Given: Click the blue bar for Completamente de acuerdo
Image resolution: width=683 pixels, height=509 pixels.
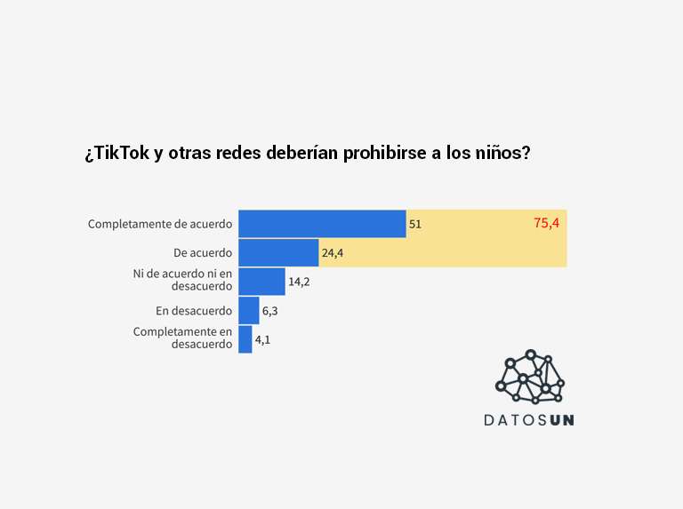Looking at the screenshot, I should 322,224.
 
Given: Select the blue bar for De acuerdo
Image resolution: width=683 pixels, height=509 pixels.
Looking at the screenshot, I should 278,253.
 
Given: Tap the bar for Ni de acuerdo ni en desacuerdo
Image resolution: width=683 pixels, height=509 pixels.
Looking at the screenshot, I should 261,282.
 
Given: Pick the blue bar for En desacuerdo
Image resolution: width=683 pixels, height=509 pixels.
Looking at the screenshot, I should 248,311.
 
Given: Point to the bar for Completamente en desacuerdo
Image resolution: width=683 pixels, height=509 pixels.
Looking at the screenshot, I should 245,339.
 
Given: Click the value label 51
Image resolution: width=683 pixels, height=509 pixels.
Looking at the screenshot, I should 415,225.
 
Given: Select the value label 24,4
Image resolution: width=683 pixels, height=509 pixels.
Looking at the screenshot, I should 333,254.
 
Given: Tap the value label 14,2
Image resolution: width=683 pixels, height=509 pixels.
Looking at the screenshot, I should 299,282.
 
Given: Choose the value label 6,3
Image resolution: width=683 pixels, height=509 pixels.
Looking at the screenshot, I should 270,312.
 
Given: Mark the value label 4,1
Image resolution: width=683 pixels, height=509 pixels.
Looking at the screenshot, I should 263,340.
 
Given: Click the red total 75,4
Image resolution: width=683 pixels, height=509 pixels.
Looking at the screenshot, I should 546,223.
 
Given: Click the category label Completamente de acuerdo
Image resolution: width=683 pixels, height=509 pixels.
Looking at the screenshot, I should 160,225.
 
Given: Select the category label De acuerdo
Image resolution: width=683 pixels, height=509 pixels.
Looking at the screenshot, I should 203,253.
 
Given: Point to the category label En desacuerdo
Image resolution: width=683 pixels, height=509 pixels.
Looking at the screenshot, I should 194,311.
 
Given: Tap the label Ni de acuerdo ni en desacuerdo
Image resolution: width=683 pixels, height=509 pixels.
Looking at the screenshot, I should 182,281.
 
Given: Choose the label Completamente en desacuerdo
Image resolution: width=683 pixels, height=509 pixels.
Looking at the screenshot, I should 182,338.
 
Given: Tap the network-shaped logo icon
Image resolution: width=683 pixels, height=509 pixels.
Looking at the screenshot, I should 530,377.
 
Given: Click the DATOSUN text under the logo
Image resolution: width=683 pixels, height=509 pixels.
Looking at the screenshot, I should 529,419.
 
